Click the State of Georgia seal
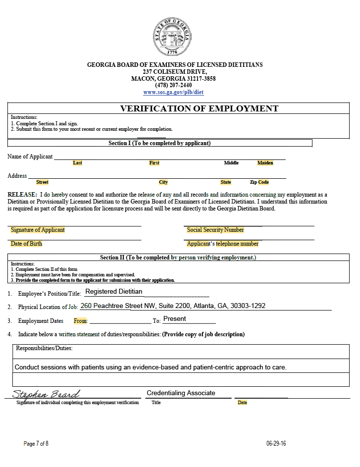(172, 37)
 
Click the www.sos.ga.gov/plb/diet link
(173, 93)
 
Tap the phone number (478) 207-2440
(173, 85)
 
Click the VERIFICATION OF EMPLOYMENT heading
(199, 108)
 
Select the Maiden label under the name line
(265, 163)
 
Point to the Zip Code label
(259, 182)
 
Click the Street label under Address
(42, 182)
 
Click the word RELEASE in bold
(22, 195)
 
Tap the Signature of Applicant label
(38, 230)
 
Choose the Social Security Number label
(215, 230)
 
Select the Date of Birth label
(27, 244)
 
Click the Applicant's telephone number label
(223, 244)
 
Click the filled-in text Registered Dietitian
(113, 292)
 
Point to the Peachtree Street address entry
(173, 306)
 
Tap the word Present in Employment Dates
(175, 319)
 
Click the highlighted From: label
(81, 321)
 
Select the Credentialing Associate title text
(181, 393)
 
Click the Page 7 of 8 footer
(36, 444)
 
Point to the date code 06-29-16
(276, 444)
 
